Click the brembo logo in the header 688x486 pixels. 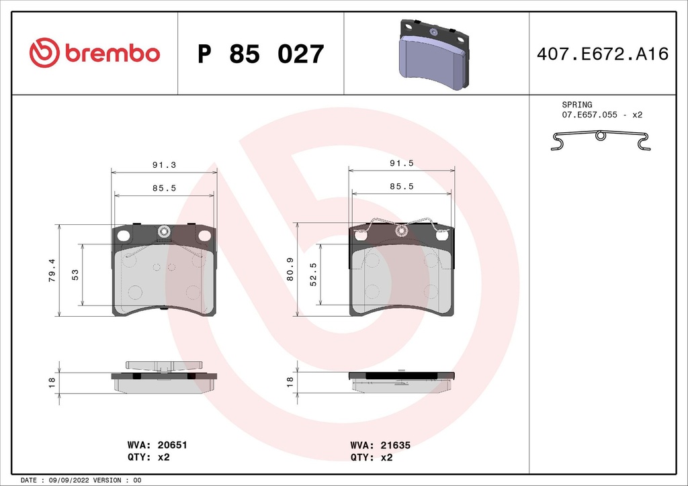(x=95, y=54)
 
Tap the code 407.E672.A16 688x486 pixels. (x=603, y=54)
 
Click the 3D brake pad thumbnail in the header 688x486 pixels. (x=434, y=55)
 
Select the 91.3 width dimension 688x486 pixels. (x=165, y=164)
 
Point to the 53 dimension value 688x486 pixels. (x=75, y=275)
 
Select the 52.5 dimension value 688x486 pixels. (x=312, y=275)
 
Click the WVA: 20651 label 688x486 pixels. (x=157, y=445)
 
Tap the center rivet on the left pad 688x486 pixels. (x=163, y=232)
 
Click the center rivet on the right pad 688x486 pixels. (x=401, y=232)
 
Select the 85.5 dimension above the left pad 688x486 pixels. (x=165, y=188)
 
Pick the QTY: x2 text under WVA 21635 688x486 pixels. (x=372, y=457)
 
